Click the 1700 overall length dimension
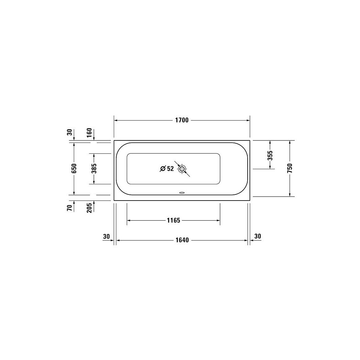point(182,120)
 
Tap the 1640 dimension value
point(182,240)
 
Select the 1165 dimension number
point(174,220)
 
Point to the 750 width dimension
point(290,168)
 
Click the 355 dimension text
point(270,156)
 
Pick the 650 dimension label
point(74,168)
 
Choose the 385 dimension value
point(94,168)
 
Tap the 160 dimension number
point(89,132)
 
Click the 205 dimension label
point(89,208)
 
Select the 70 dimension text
point(70,208)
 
